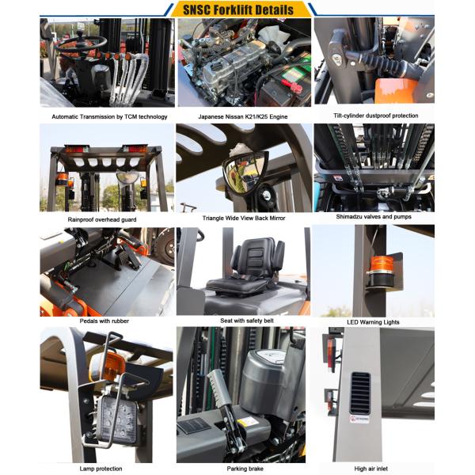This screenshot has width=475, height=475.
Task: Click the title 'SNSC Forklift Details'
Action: (237, 9)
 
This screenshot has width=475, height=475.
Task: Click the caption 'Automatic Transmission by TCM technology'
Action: (109, 116)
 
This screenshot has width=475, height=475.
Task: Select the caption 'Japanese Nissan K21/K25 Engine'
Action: (242, 116)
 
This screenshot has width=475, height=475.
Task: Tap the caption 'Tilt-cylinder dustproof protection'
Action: (376, 116)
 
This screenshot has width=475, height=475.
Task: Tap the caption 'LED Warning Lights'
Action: (375, 322)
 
